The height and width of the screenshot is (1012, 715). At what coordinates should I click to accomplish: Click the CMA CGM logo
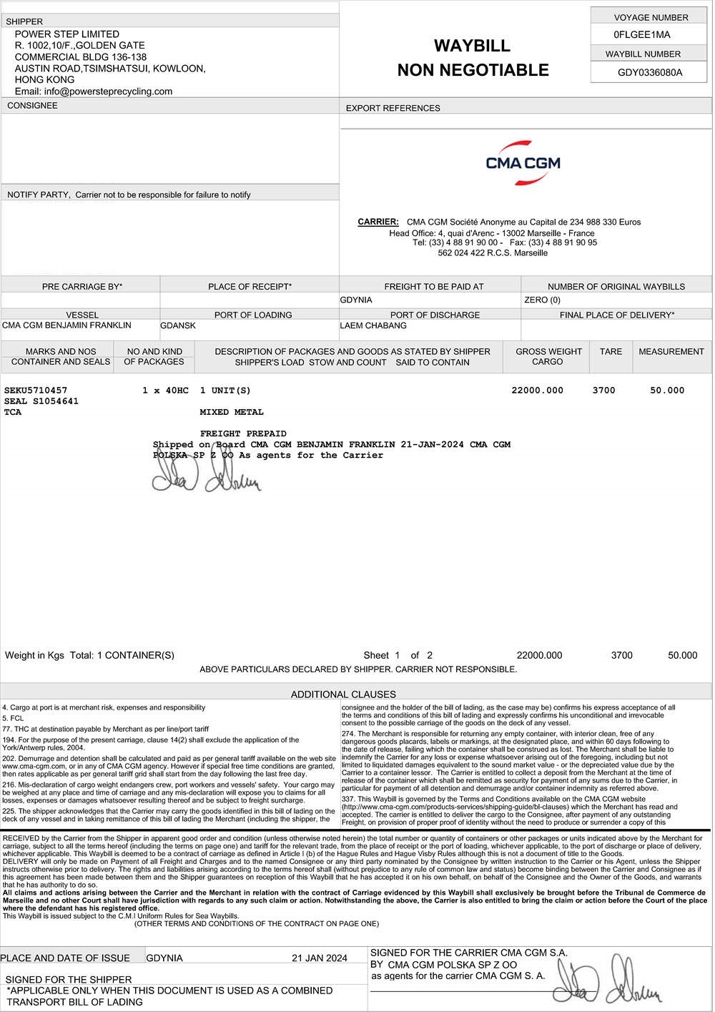click(523, 163)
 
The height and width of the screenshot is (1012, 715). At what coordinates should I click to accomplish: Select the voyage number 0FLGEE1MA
click(641, 34)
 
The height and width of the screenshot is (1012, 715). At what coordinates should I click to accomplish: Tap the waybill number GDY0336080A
click(649, 72)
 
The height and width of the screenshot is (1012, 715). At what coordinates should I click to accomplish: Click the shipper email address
click(94, 92)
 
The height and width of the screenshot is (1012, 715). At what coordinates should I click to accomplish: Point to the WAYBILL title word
click(472, 46)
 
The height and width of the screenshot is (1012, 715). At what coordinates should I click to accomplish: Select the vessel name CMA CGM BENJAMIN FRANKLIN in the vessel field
click(66, 325)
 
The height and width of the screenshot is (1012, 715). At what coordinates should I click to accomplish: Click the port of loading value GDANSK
click(178, 325)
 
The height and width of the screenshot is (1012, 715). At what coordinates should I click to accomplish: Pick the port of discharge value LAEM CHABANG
click(373, 325)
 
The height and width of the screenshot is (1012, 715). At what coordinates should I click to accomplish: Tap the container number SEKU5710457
click(36, 390)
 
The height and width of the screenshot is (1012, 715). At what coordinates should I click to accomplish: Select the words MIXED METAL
click(232, 412)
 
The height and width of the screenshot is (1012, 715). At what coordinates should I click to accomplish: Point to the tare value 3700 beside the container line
click(603, 390)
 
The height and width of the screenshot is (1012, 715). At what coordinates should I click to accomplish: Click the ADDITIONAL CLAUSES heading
click(342, 694)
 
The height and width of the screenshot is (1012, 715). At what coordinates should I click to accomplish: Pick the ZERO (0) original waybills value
click(542, 300)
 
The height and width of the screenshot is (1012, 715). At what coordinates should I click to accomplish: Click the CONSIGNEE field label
click(32, 106)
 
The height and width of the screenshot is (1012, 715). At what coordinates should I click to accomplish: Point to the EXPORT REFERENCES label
click(393, 109)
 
